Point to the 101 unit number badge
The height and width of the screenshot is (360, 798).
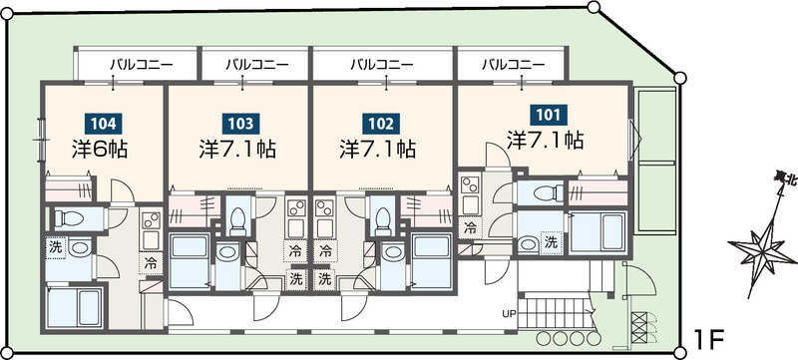pos(545,115)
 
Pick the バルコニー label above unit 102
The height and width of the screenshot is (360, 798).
pos(383,64)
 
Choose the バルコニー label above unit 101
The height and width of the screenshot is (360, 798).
pos(513,64)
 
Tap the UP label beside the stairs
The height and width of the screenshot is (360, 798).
pos(508,315)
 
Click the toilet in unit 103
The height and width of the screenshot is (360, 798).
pos(238,215)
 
